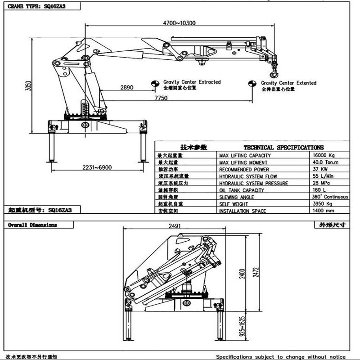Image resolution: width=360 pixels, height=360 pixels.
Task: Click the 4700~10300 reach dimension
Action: click(x=179, y=23)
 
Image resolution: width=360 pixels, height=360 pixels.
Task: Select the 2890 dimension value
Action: click(x=126, y=88)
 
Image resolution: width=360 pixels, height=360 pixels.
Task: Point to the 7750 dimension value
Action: click(x=161, y=98)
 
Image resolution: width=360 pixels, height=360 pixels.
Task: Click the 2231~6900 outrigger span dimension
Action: click(x=97, y=167)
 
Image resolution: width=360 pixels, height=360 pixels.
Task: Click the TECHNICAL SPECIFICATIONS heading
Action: click(x=283, y=148)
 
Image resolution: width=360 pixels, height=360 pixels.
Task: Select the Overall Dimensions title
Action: click(x=33, y=225)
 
